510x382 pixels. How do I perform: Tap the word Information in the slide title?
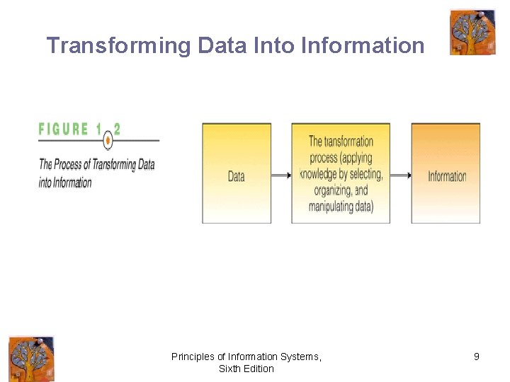(x=362, y=46)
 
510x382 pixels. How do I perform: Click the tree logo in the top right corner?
(x=472, y=33)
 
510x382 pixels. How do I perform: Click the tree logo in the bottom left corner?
(x=31, y=359)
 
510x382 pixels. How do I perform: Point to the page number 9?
(x=477, y=357)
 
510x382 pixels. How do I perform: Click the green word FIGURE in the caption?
(x=64, y=129)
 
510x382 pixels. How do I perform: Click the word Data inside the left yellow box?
(x=237, y=176)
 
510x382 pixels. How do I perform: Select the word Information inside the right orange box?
(x=447, y=176)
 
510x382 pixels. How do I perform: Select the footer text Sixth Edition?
(x=246, y=369)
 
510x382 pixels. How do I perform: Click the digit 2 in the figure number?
(x=117, y=129)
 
